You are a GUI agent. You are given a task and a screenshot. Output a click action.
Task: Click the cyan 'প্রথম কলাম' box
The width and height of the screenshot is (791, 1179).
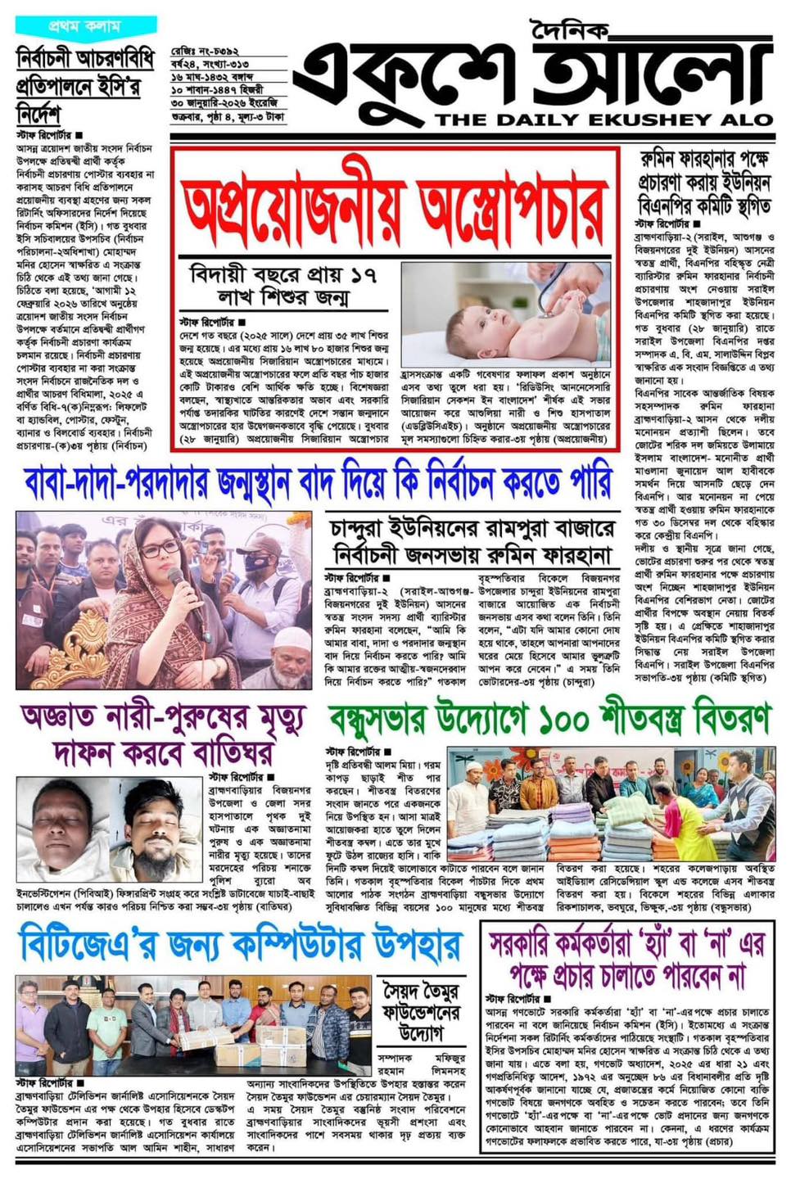coord(86,25)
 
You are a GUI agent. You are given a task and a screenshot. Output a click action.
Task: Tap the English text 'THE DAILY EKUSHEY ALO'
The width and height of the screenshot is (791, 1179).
coord(603,120)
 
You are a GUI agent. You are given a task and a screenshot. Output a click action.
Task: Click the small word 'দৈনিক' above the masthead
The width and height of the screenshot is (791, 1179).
coord(569,30)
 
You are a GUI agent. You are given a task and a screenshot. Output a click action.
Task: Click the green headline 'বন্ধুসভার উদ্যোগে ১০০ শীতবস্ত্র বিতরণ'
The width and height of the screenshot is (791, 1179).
coord(549,720)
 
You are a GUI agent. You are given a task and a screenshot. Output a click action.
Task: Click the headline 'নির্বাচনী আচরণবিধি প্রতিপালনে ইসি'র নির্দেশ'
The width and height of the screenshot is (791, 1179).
coord(85,85)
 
